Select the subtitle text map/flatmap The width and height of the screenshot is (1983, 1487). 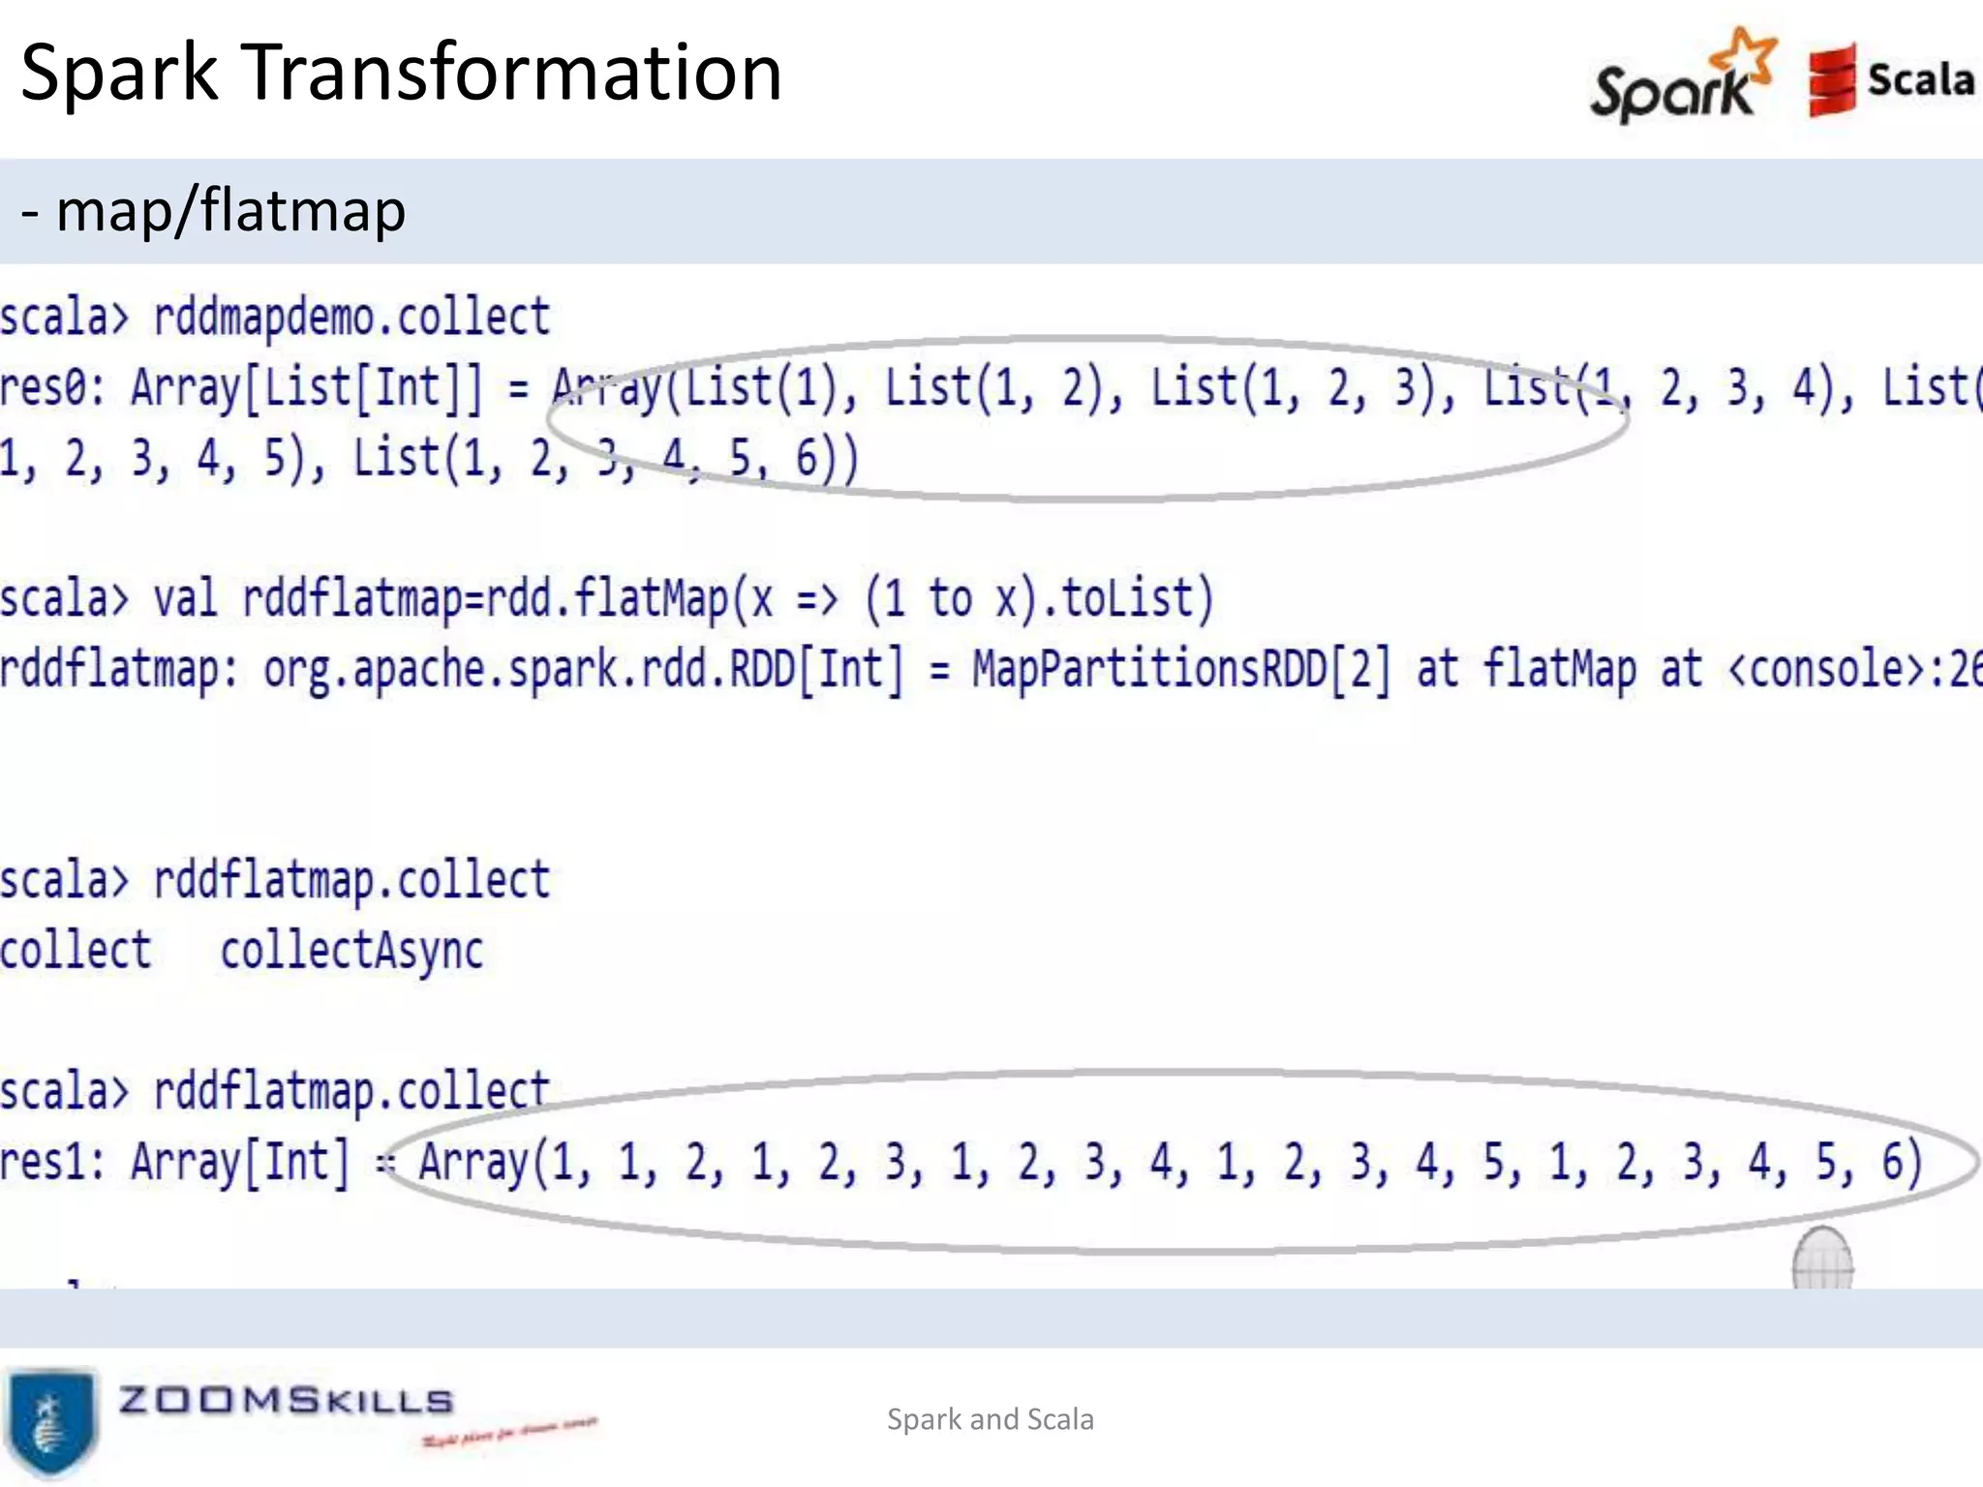(x=230, y=210)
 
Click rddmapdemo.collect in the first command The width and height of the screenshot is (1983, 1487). (x=351, y=318)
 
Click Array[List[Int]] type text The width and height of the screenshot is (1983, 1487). (x=306, y=387)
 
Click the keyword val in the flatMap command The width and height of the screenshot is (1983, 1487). (x=185, y=598)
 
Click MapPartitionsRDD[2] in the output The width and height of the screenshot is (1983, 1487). (x=1181, y=669)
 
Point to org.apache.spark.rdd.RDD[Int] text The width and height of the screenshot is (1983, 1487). (x=583, y=669)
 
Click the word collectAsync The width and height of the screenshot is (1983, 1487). (x=351, y=951)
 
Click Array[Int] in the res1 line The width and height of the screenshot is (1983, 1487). (x=239, y=1162)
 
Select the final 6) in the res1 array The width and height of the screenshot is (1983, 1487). (x=1901, y=1162)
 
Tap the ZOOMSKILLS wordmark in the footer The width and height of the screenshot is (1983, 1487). (x=286, y=1400)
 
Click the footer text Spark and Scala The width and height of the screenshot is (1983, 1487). (x=991, y=1419)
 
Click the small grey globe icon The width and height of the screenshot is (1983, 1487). (x=1822, y=1259)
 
